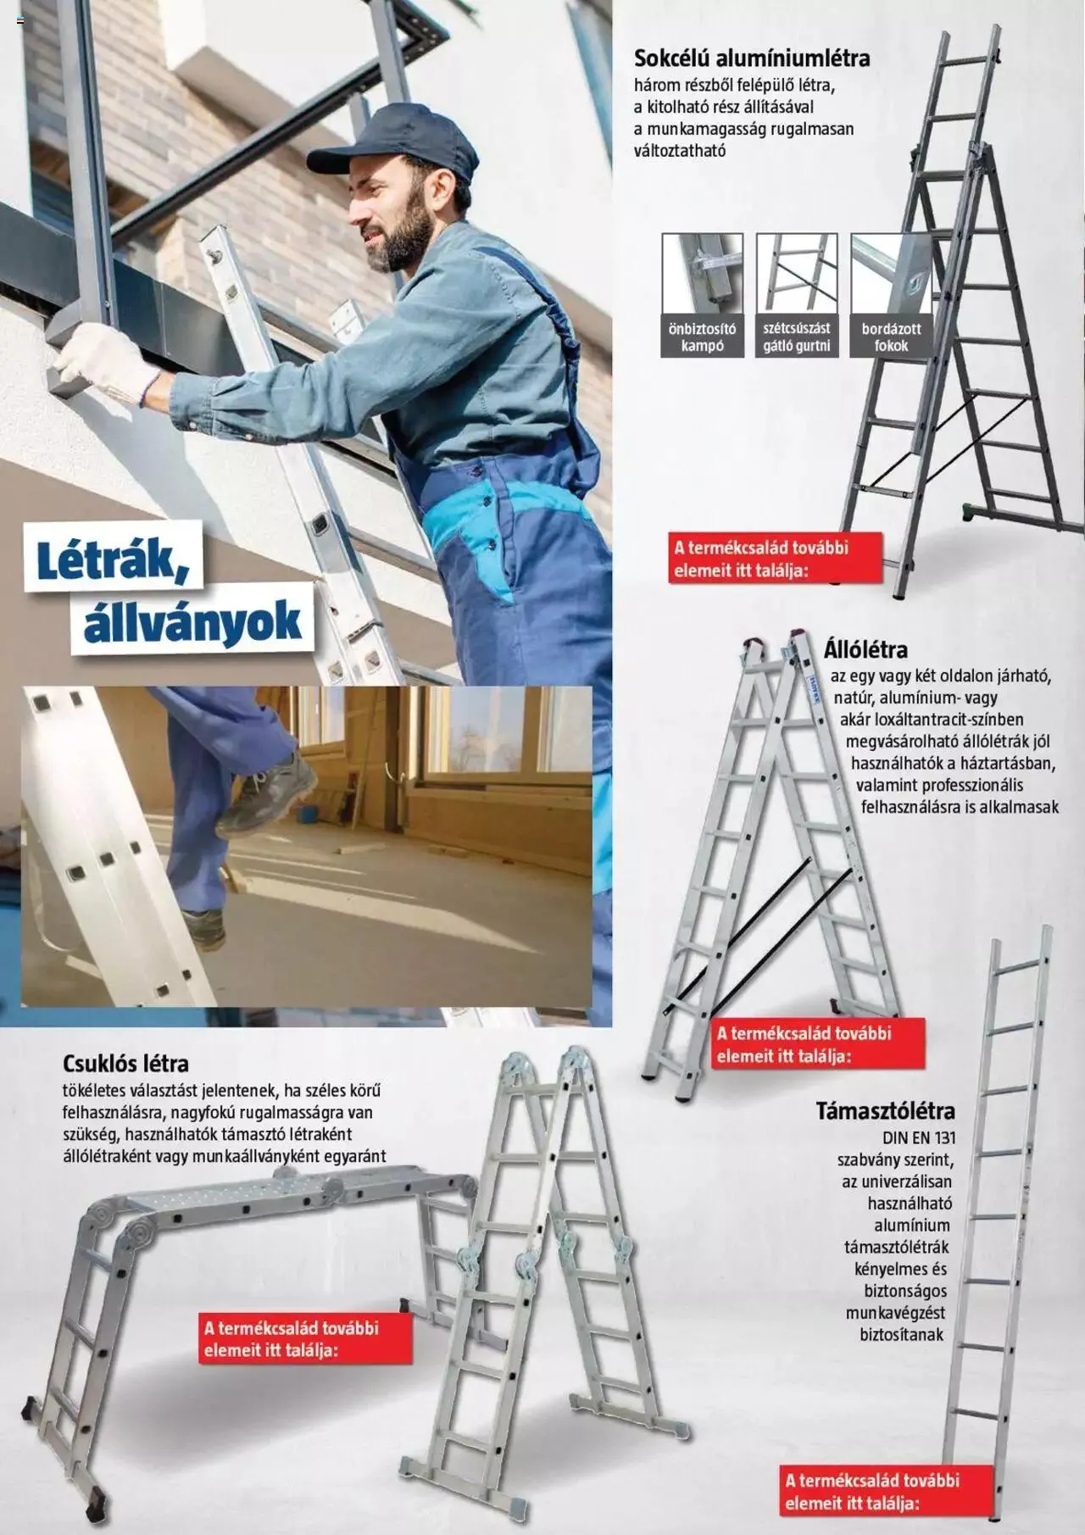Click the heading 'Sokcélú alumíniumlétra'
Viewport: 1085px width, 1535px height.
point(752,58)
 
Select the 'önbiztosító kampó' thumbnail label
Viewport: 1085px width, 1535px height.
point(702,337)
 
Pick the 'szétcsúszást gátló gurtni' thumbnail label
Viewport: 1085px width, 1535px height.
point(796,337)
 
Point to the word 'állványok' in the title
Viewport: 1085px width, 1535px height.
point(192,623)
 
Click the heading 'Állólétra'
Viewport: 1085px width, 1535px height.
point(865,650)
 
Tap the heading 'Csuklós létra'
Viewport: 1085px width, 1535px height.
point(125,1063)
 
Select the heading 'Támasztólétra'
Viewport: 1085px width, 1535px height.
point(885,1110)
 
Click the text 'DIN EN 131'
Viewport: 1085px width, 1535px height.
point(919,1137)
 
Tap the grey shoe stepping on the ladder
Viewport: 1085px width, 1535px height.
point(270,793)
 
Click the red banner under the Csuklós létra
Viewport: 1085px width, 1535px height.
point(306,1338)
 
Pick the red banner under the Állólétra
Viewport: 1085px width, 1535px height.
point(817,1044)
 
